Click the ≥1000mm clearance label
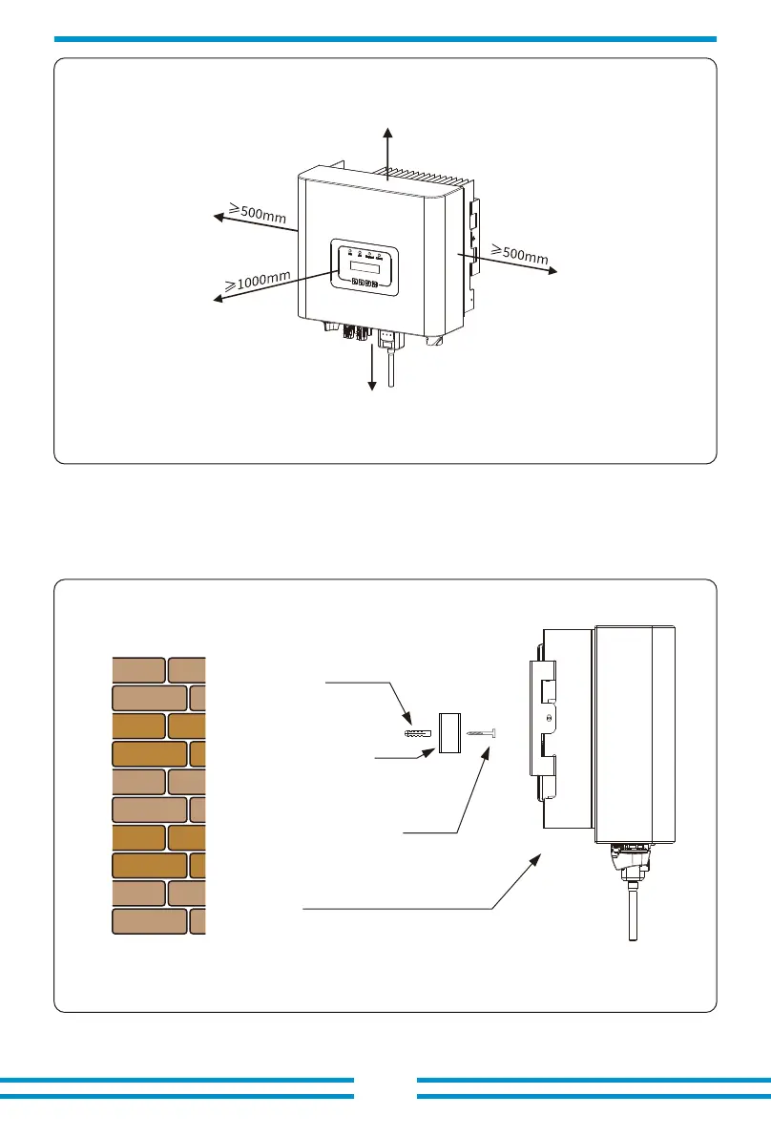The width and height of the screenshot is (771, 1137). click(258, 281)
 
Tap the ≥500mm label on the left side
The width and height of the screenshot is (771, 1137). click(258, 213)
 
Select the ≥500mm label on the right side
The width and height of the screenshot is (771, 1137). click(519, 254)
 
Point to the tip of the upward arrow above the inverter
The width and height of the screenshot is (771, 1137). click(388, 128)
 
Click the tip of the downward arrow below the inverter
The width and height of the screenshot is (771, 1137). click(372, 390)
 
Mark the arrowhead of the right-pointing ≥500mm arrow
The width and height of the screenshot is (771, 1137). click(556, 272)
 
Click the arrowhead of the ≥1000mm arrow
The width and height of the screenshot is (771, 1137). click(215, 299)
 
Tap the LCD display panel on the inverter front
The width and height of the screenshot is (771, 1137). click(365, 266)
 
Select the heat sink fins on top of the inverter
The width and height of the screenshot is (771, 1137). click(421, 177)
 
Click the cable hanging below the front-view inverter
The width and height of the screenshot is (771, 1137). click(392, 368)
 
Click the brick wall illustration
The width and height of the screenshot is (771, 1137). click(159, 795)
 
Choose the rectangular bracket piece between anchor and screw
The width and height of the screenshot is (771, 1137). click(449, 733)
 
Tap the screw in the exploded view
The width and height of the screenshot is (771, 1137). click(482, 734)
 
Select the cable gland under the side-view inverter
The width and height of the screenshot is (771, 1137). click(630, 860)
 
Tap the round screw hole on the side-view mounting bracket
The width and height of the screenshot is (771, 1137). click(549, 720)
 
